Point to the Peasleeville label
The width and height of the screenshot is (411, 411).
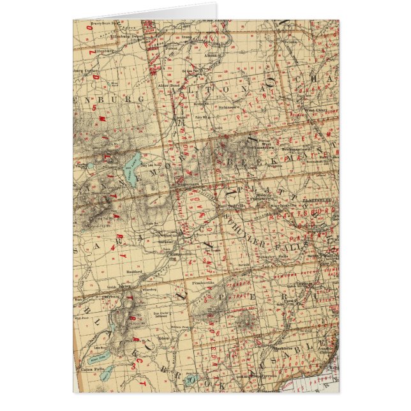coord(207,280)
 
